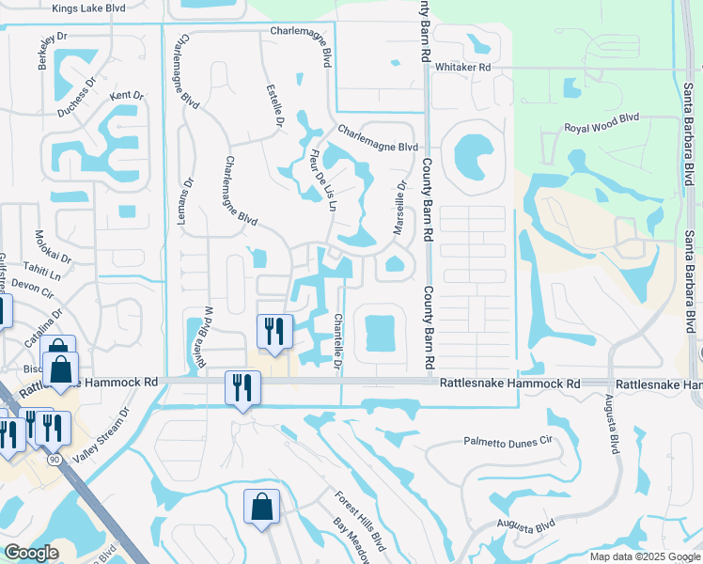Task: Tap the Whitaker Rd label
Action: coord(463,68)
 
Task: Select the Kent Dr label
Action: coord(126,96)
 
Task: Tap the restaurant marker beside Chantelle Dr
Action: coord(272,332)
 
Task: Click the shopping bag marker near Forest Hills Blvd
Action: coord(261,508)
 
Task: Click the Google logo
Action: coord(31,553)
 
